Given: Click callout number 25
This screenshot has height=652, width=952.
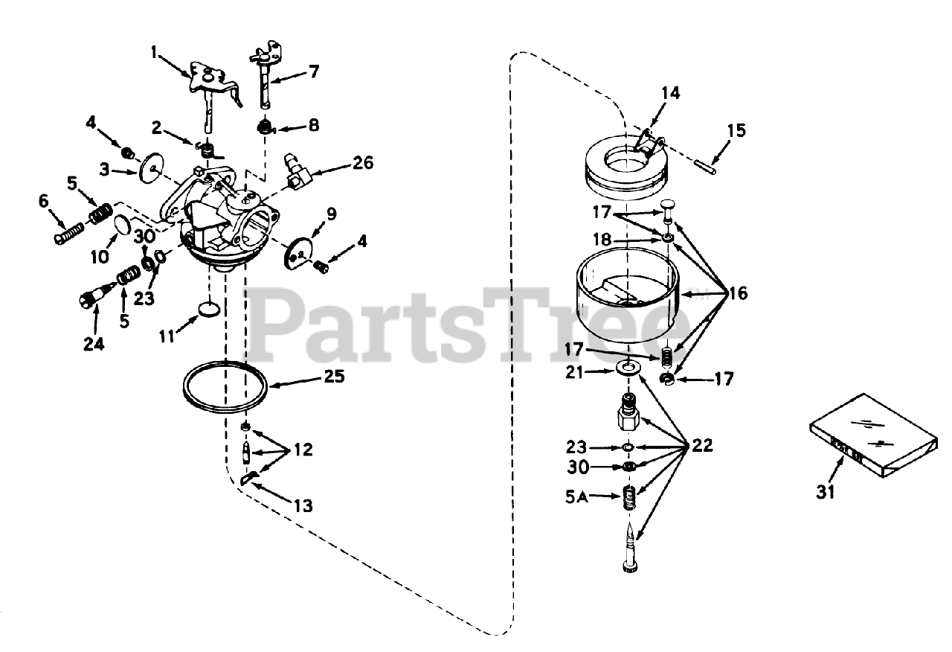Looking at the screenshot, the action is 334,377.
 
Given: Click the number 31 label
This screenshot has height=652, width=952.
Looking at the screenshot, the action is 826,492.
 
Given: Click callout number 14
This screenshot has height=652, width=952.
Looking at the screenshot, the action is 670,93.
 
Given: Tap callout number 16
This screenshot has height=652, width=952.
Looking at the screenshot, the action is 737,293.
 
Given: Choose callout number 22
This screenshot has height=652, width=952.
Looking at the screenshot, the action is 701,446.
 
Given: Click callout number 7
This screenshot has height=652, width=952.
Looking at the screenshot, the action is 313,71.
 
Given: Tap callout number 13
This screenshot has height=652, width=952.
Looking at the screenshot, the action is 303,506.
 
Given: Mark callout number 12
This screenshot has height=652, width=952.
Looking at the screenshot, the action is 303,450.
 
